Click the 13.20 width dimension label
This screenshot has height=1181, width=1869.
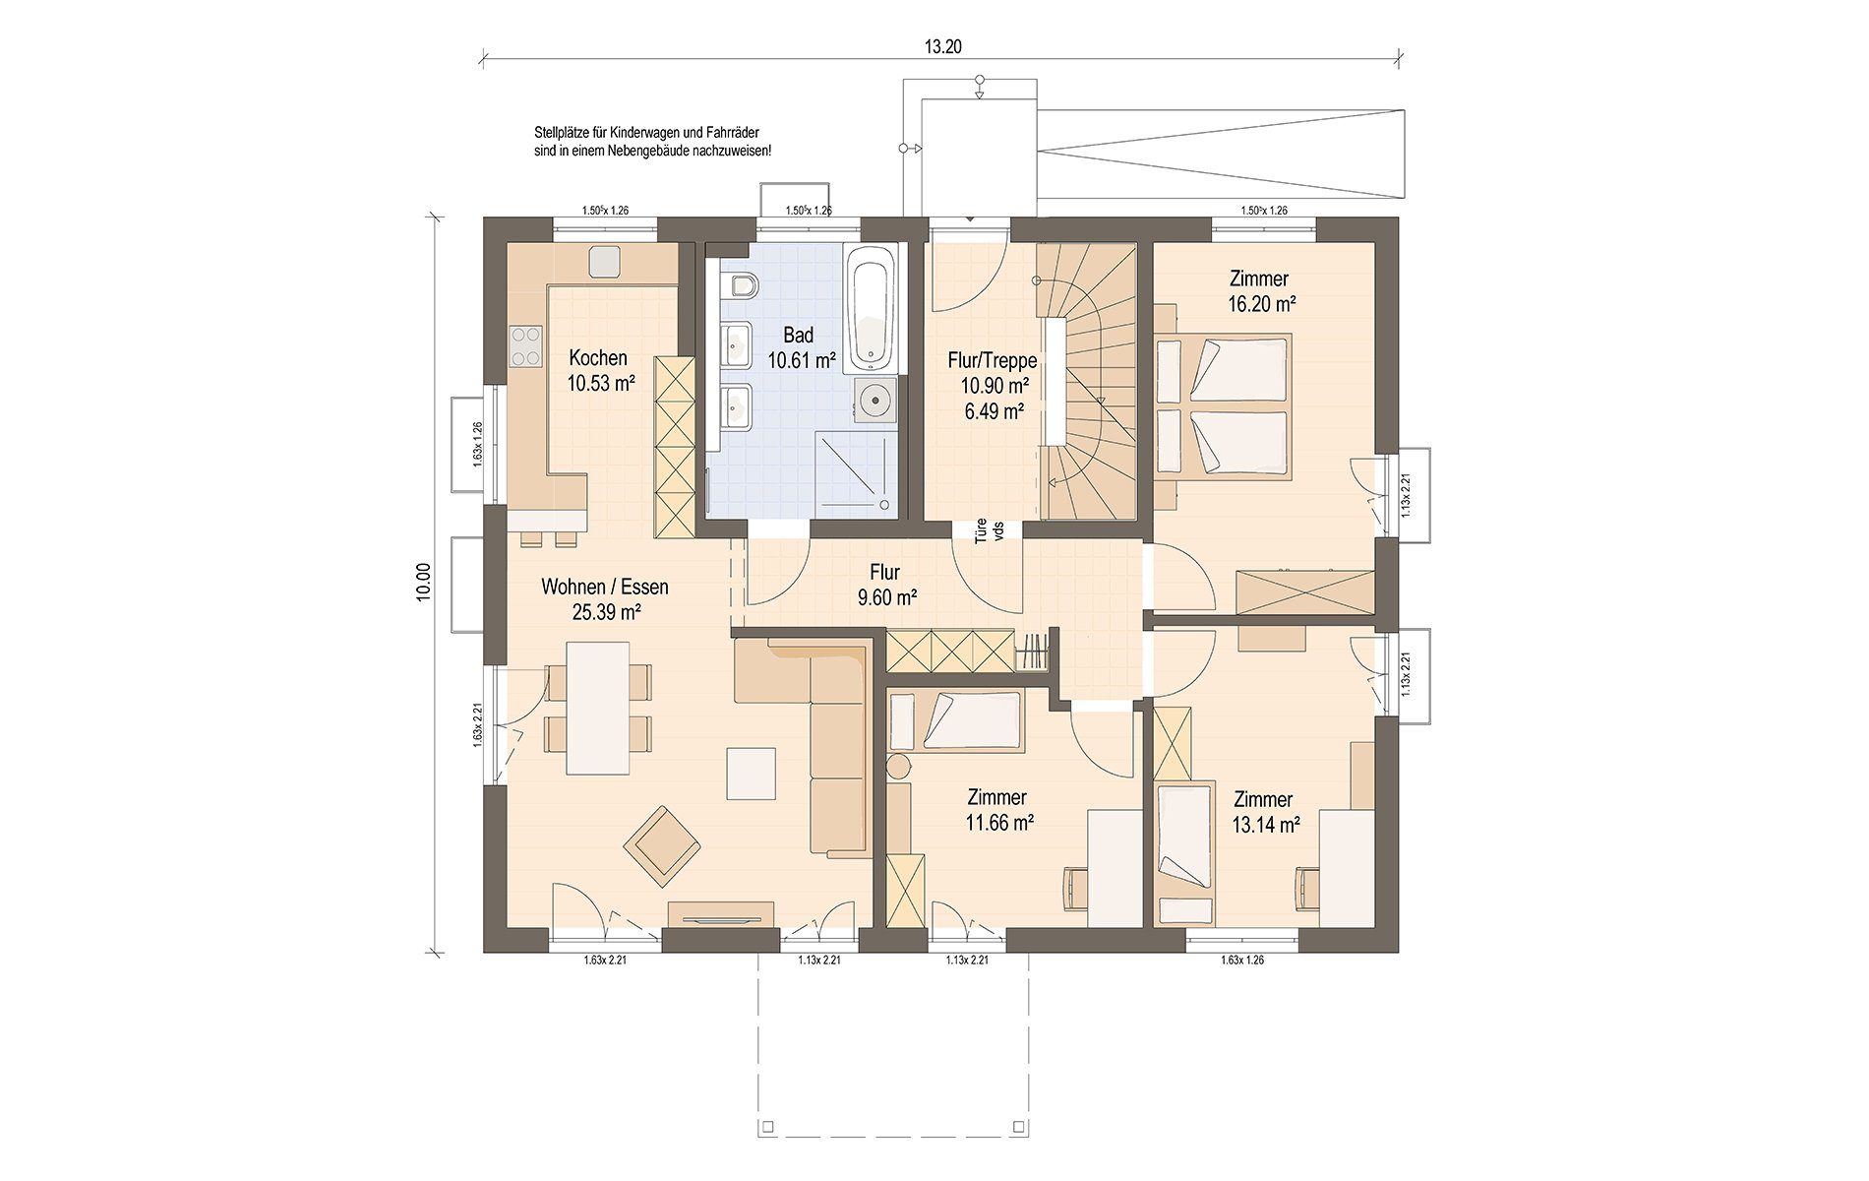941,46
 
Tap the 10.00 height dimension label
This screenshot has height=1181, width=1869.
423,581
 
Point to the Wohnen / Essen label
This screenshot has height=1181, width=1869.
605,588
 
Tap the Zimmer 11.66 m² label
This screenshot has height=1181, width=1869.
998,810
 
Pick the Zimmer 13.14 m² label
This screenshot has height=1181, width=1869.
1264,812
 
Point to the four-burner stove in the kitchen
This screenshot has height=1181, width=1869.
526,345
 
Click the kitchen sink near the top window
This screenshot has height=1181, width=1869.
604,262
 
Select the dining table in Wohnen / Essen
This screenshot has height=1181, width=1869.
598,708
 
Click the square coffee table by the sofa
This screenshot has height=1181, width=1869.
752,774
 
